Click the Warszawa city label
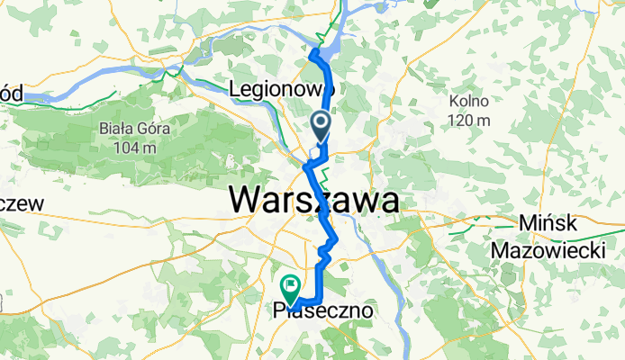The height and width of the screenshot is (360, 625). tap(314, 199)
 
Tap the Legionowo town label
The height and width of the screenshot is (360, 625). tap(282, 89)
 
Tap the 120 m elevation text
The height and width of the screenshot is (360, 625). tap(471, 121)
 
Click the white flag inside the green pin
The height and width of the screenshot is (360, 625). tap(291, 285)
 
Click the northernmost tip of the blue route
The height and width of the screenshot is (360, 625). tap(313, 53)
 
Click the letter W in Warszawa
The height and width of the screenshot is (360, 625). tap(249, 199)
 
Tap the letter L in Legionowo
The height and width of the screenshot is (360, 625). tap(237, 89)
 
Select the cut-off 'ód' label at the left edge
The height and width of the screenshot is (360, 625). tap(13, 90)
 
